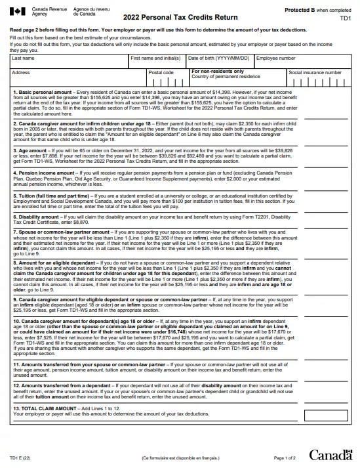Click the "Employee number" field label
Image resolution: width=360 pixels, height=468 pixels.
(x=275, y=58)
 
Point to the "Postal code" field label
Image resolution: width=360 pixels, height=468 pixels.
(x=161, y=72)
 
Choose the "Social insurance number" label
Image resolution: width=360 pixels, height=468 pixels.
(x=315, y=72)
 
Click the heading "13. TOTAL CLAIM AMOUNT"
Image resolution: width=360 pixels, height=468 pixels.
(x=49, y=408)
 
